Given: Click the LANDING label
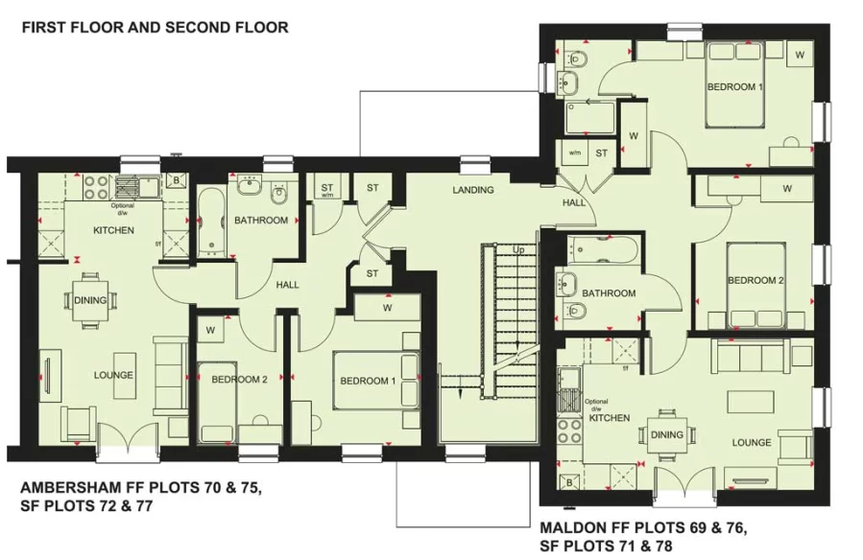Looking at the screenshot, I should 473,190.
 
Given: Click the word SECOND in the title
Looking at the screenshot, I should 197,27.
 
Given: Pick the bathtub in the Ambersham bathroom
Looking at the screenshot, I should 213,222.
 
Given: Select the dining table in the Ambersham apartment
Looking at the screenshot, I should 90,300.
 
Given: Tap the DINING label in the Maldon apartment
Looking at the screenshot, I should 666,434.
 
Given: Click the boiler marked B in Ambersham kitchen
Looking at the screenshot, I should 175,179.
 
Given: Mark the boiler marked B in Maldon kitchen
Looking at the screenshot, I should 569,481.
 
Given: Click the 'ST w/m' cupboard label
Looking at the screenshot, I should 327,190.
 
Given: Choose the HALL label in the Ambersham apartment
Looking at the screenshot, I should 287,286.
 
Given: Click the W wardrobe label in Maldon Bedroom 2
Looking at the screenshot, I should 786,189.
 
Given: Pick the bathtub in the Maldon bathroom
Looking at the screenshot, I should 600,248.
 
